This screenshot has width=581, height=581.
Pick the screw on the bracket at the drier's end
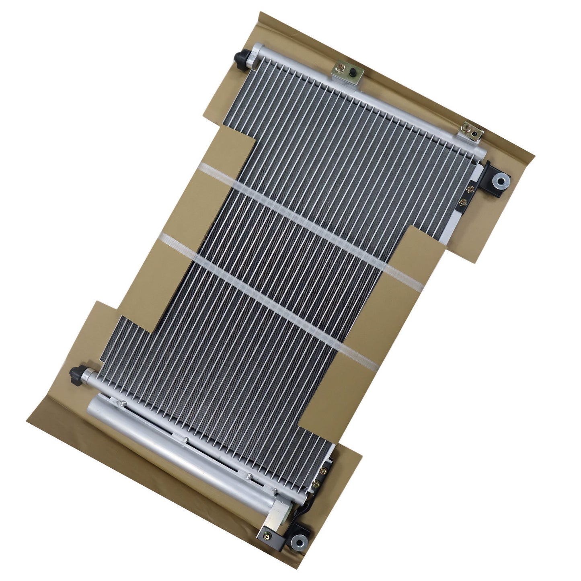click(265, 534)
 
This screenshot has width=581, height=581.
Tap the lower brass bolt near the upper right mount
click(463, 203)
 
